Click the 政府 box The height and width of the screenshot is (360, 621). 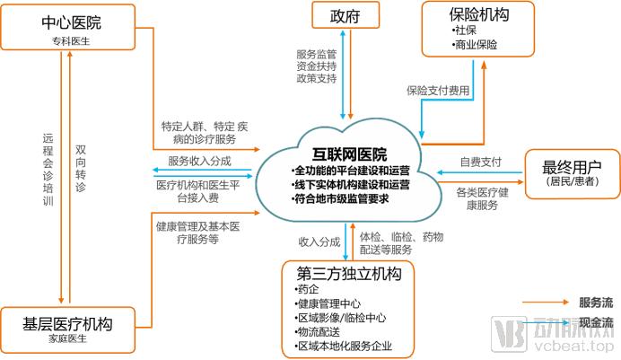pyautogui.click(x=345, y=15)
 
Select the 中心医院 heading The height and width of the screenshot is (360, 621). pyautogui.click(x=71, y=22)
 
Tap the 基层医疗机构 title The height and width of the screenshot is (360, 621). pyautogui.click(x=67, y=324)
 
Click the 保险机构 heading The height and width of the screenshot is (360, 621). pyautogui.click(x=479, y=14)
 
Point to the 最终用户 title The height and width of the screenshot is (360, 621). pyautogui.click(x=572, y=167)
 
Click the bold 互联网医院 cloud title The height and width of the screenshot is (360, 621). pyautogui.click(x=350, y=154)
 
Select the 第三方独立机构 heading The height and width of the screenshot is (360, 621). pyautogui.click(x=349, y=273)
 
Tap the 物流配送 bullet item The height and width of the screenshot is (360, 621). pyautogui.click(x=318, y=332)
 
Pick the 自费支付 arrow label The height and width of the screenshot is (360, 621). pyautogui.click(x=480, y=162)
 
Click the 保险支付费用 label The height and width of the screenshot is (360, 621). pyautogui.click(x=438, y=91)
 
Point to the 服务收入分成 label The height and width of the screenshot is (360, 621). pyautogui.click(x=199, y=161)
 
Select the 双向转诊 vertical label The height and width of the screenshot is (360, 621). pyautogui.click(x=81, y=168)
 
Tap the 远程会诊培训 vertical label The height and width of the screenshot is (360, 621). pyautogui.click(x=48, y=169)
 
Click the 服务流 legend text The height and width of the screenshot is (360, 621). pyautogui.click(x=596, y=303)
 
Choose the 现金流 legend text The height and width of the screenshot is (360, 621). pyautogui.click(x=596, y=322)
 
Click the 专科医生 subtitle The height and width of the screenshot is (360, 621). pyautogui.click(x=71, y=40)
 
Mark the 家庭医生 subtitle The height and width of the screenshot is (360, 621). pyautogui.click(x=67, y=338)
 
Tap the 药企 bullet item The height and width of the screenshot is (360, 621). pyautogui.click(x=307, y=289)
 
